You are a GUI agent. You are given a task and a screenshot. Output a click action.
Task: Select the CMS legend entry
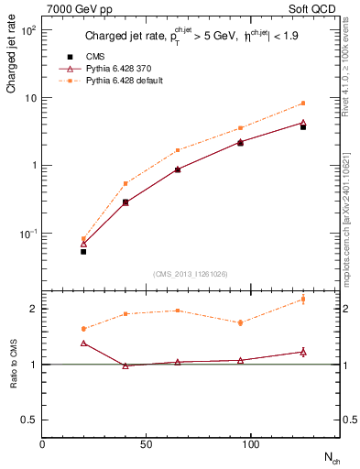(96, 56)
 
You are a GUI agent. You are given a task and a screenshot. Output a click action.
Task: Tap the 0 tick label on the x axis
(42, 444)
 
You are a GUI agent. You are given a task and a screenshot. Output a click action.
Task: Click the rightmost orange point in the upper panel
(303, 104)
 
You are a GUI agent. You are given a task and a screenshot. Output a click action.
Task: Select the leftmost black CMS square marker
(83, 251)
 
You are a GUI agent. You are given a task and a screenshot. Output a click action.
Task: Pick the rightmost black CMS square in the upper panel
(303, 127)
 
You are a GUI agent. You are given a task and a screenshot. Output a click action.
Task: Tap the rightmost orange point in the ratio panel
(303, 300)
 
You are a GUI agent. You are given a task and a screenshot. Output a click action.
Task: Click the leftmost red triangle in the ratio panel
(83, 343)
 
